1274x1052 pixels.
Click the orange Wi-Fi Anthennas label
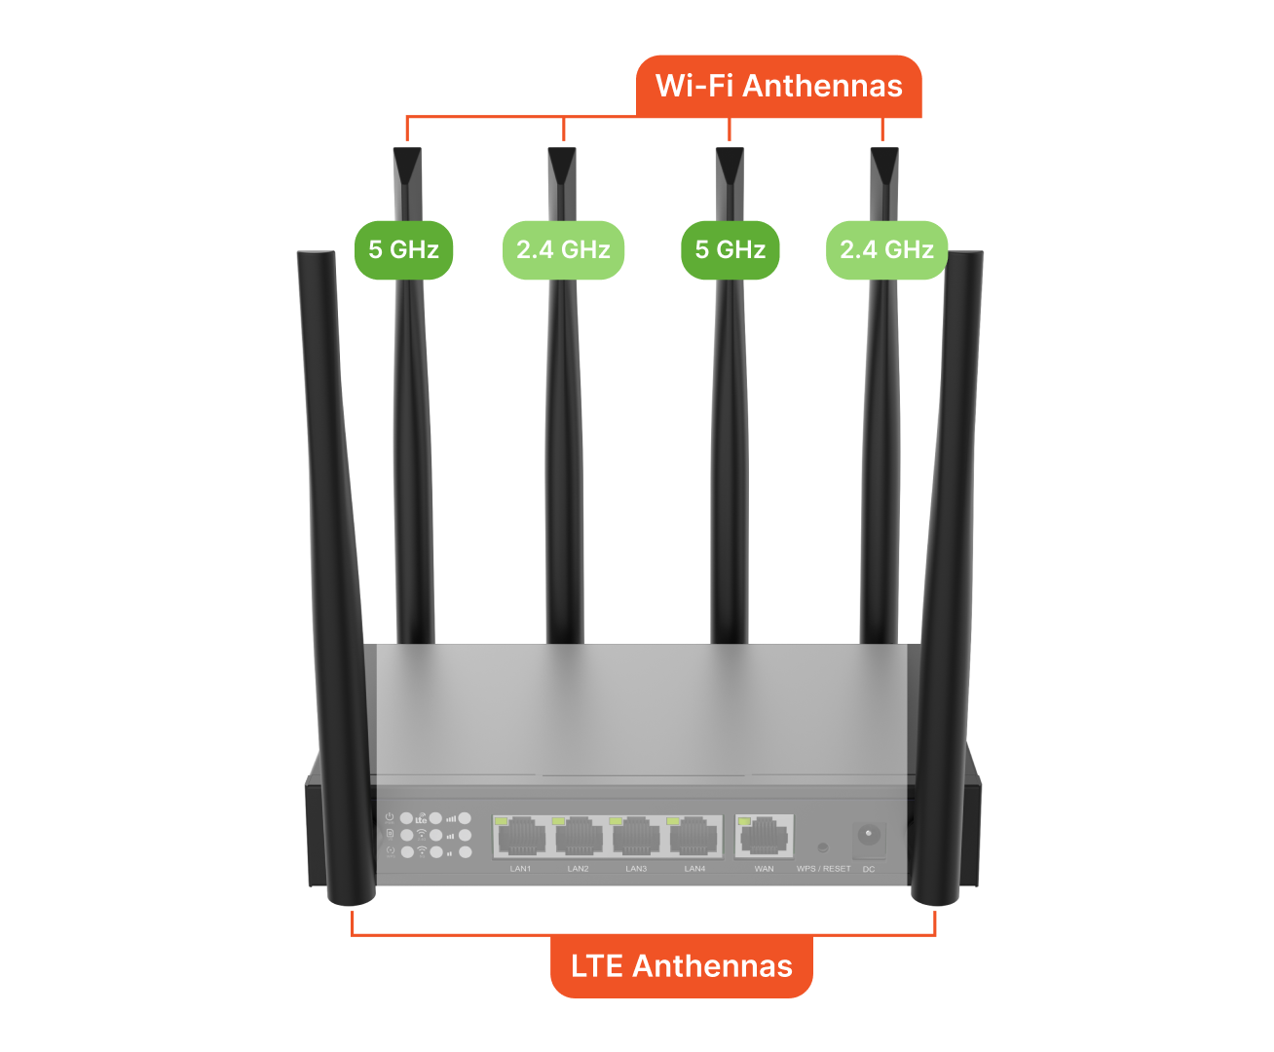point(778,86)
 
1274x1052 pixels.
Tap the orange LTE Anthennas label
point(682,966)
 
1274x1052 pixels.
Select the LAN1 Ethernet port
point(521,836)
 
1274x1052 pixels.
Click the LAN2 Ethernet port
point(579,836)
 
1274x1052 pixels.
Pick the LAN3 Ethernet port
point(636,836)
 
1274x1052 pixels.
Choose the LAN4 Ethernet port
point(693,836)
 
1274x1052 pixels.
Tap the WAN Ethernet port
point(764,836)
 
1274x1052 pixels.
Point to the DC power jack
point(869,836)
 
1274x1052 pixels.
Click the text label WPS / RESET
point(823,869)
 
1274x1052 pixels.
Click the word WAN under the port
point(764,869)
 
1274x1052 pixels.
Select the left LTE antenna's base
point(352,894)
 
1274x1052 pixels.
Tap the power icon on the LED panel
point(390,816)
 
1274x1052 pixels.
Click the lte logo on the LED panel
point(421,818)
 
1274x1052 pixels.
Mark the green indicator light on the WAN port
point(744,821)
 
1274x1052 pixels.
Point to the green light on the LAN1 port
point(501,821)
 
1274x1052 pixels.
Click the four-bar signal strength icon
point(451,819)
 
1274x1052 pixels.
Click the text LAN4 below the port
point(694,869)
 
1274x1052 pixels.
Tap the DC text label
point(869,870)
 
